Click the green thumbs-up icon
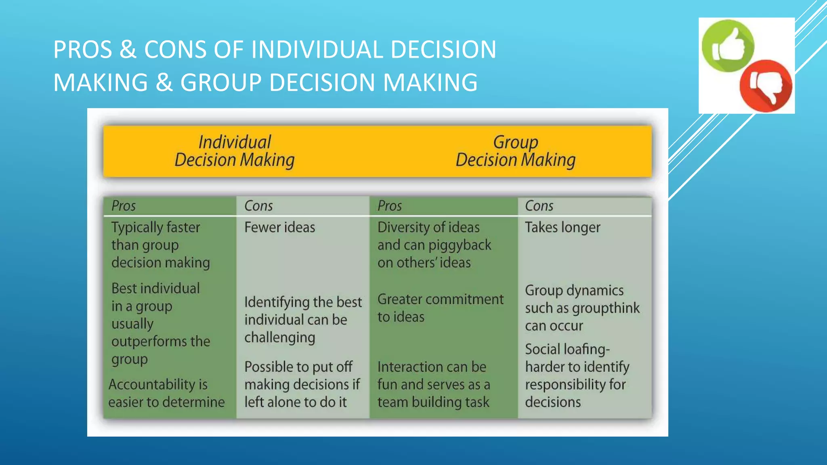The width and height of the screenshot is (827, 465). click(728, 46)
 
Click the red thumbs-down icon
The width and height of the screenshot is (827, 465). click(766, 86)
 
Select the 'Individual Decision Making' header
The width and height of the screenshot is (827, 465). click(235, 151)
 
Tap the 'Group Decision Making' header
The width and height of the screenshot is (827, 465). click(516, 151)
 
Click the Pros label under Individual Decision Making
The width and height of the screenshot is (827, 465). click(124, 206)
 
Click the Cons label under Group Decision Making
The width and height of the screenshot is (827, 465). click(539, 206)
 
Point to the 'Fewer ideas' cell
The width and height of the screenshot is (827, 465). click(279, 227)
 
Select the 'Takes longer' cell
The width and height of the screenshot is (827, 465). click(563, 227)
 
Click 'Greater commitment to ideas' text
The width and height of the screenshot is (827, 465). click(440, 308)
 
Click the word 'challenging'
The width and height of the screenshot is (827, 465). click(279, 337)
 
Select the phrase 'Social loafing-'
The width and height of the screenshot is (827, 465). click(567, 349)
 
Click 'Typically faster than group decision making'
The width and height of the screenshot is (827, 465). click(160, 245)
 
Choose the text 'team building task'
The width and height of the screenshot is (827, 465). click(433, 402)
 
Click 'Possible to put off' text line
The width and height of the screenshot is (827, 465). click(298, 367)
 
